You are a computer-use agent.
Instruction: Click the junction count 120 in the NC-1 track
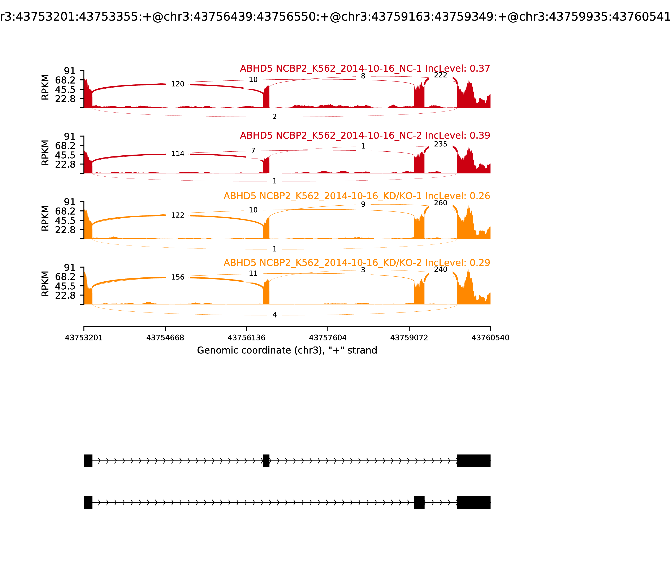tap(178, 84)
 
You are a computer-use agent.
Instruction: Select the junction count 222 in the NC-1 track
tap(440, 75)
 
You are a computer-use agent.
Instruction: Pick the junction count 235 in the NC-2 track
tap(440, 144)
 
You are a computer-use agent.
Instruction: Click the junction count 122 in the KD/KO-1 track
tap(178, 215)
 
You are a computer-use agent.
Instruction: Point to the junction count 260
tap(440, 203)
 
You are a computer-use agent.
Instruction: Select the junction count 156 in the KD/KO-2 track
tap(178, 277)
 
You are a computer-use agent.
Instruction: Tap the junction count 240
tap(440, 269)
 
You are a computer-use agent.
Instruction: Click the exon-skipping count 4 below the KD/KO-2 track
tap(274, 315)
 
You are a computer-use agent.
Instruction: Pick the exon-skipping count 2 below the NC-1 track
tap(274, 117)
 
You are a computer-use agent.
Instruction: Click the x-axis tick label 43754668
tap(165, 338)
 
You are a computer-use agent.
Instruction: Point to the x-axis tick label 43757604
tap(328, 338)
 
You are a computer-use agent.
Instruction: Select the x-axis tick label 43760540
tap(490, 338)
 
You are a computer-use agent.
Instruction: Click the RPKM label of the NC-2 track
tap(45, 153)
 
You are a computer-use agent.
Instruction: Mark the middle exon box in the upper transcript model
tap(266, 461)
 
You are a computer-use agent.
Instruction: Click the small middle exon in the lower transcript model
tap(419, 502)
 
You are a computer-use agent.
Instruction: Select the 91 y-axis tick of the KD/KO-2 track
tap(69, 267)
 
